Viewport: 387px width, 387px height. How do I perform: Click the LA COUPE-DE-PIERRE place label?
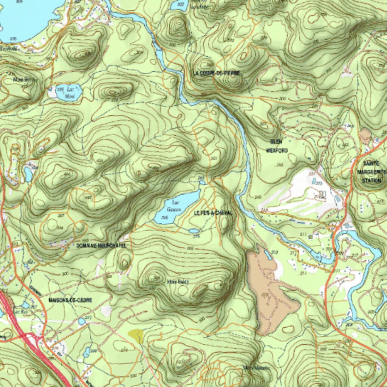(x=216, y=73)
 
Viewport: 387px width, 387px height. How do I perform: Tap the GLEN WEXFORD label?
(x=277, y=146)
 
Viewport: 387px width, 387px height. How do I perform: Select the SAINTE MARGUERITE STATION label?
(x=372, y=172)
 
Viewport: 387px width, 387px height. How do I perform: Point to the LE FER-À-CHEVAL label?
(x=213, y=213)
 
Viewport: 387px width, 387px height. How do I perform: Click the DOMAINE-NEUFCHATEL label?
(x=101, y=246)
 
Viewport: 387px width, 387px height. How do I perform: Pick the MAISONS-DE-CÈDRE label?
(x=70, y=300)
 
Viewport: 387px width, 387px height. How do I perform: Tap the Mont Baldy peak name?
(x=177, y=282)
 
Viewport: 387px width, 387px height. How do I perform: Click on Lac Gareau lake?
(x=178, y=206)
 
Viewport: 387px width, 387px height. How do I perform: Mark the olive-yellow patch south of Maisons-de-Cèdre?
(x=136, y=335)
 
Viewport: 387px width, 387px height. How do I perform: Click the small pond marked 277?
(x=82, y=321)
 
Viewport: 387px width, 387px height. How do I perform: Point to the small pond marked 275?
(x=194, y=231)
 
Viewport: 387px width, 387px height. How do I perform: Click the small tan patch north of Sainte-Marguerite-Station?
(x=365, y=134)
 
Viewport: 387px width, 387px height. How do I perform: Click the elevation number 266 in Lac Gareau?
(x=164, y=218)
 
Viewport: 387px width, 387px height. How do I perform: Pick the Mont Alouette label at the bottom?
(x=257, y=367)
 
